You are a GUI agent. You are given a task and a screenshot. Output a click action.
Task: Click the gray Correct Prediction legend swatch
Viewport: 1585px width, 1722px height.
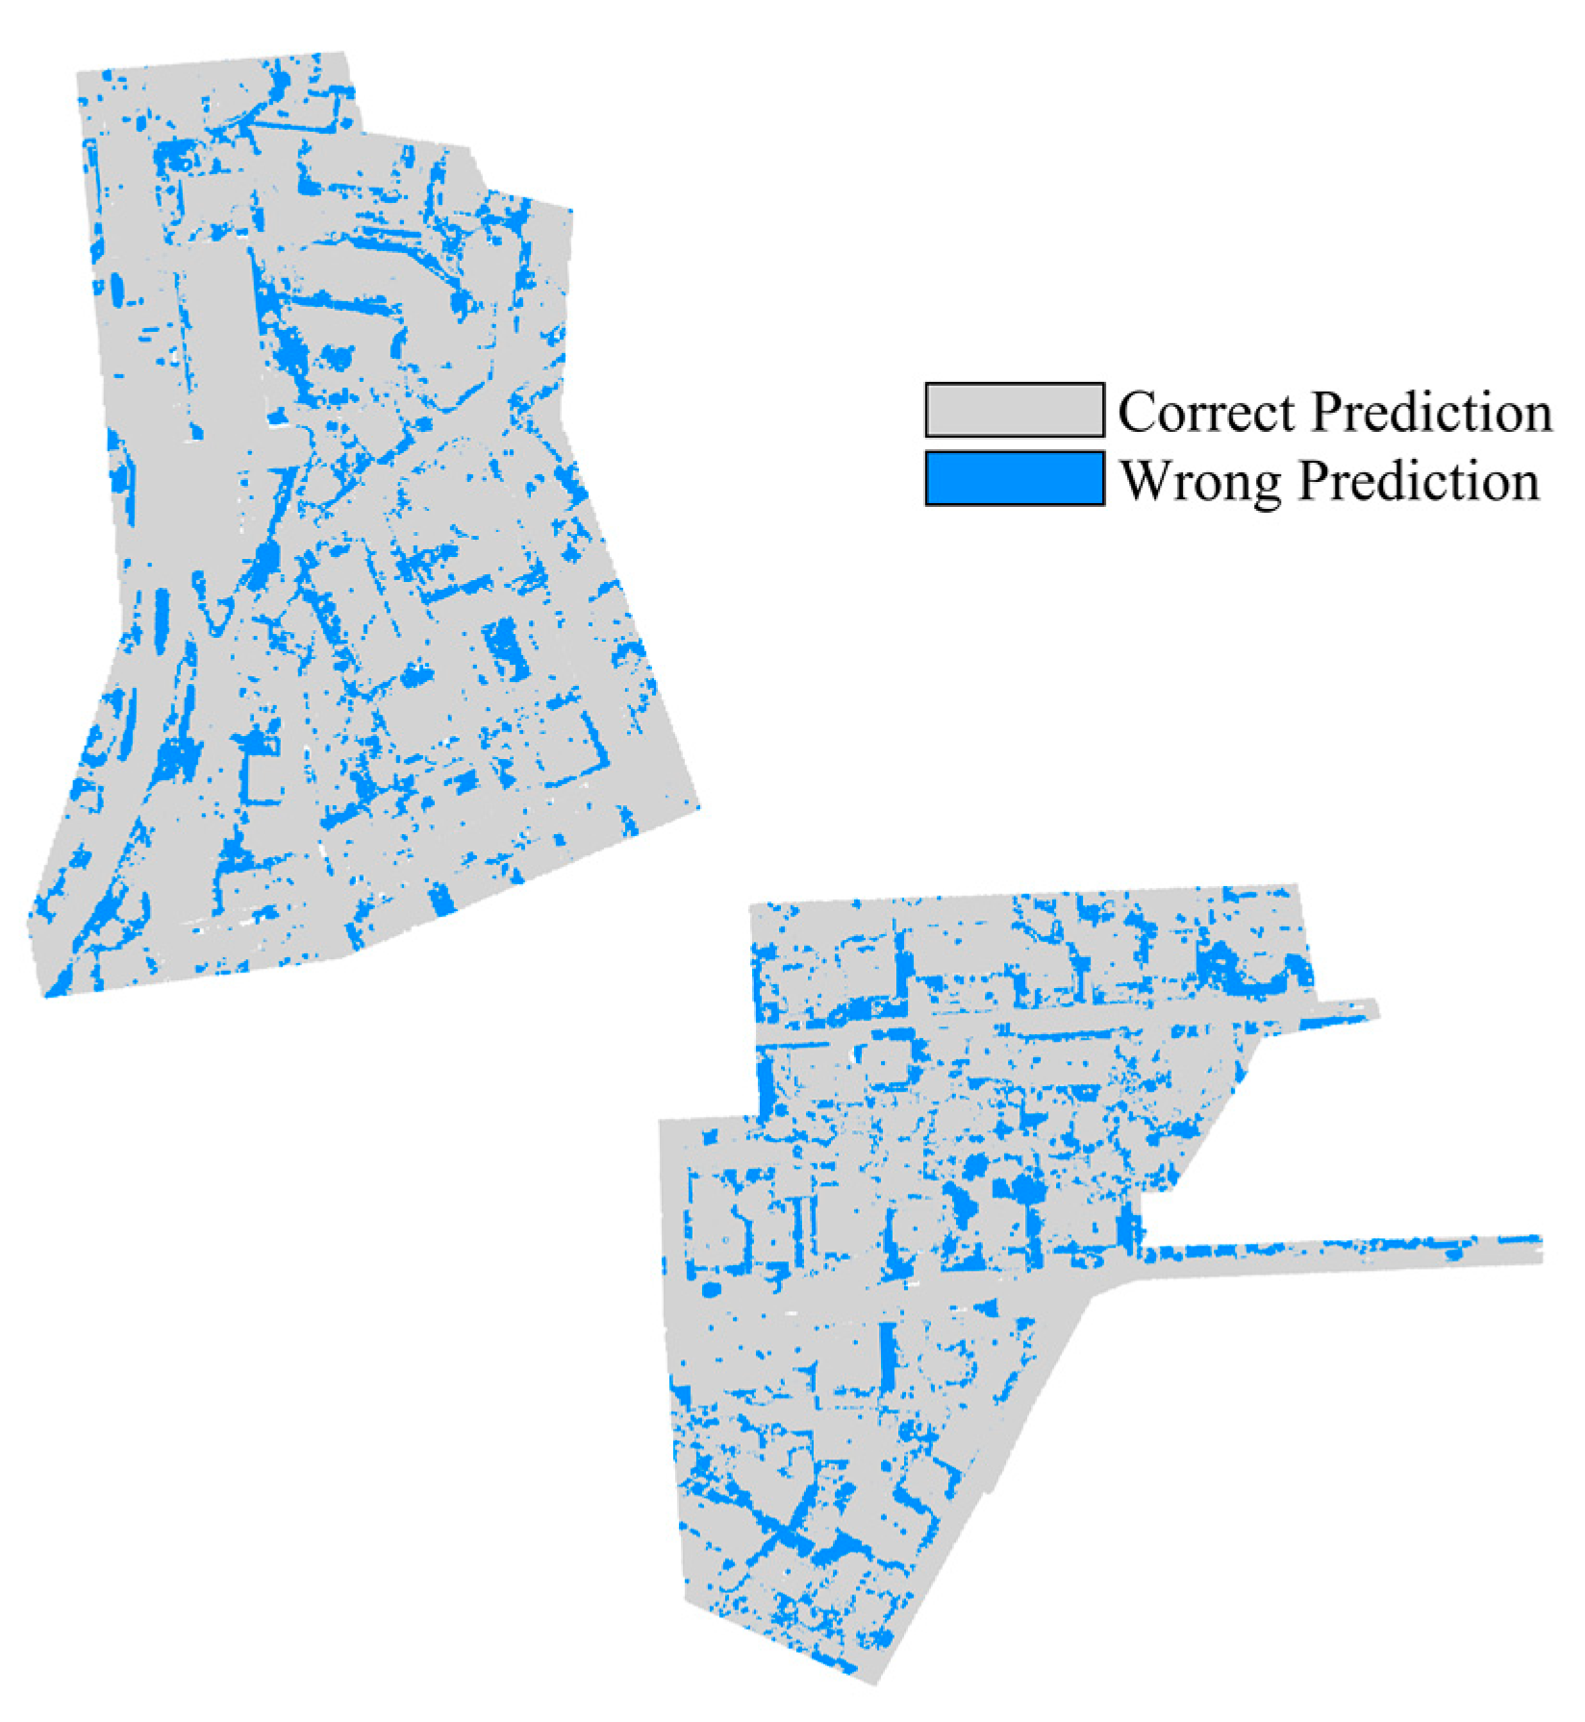(x=1014, y=410)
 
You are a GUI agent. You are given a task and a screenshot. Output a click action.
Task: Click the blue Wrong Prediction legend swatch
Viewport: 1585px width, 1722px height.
(x=1014, y=478)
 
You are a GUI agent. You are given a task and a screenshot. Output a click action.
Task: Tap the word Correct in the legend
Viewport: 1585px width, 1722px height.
(x=1206, y=412)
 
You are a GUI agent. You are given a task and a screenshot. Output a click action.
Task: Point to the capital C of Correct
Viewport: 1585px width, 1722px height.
(x=1136, y=412)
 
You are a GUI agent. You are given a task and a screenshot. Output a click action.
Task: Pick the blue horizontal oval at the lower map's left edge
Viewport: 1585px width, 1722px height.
(x=711, y=1289)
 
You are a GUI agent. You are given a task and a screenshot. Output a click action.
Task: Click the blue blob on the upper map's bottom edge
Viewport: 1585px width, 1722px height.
(x=440, y=900)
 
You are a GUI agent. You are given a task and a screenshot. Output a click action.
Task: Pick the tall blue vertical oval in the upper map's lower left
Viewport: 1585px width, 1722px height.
(x=161, y=616)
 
